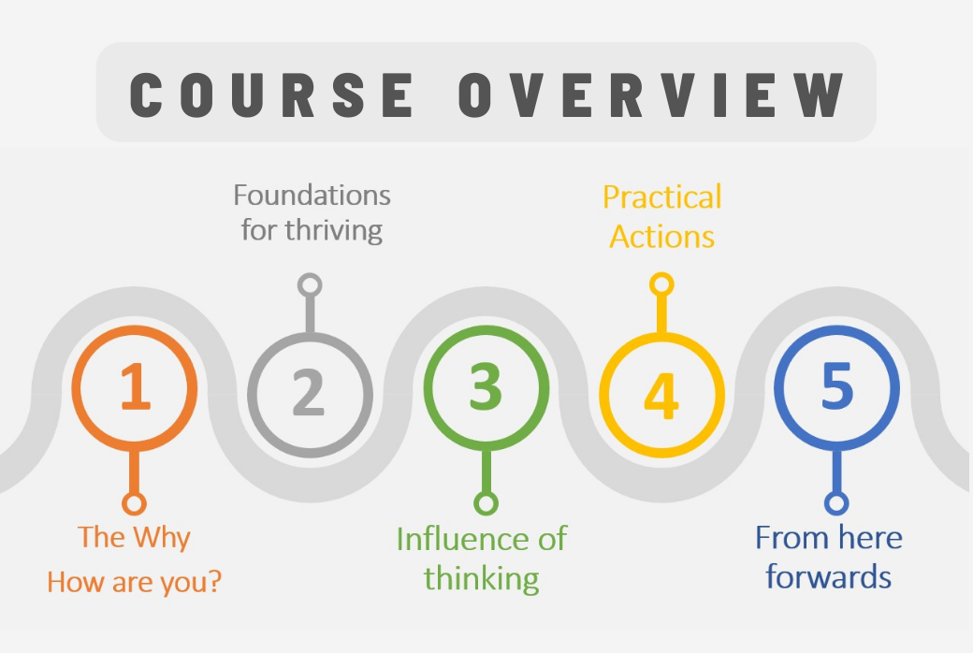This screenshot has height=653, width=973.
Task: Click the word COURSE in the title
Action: point(271,94)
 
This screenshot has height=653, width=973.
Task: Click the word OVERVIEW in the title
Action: point(651,94)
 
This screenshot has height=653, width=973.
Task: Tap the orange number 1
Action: point(136,386)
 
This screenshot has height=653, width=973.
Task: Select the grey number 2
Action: point(309,392)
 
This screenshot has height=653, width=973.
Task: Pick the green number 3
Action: point(486,386)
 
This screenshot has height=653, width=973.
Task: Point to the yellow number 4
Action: point(661,395)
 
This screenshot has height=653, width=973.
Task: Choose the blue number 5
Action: point(837,385)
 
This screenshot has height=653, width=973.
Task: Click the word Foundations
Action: point(312,195)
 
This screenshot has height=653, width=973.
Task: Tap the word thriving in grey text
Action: point(334,230)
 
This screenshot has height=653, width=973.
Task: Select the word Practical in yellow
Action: point(662,197)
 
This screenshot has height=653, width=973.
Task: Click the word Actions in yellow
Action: point(662,237)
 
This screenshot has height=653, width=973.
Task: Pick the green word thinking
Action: point(482,578)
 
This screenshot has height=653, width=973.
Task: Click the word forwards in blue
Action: point(829,576)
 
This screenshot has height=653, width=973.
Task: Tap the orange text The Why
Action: point(134,538)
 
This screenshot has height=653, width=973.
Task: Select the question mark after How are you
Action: point(214,580)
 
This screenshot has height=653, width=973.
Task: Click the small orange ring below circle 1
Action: point(134,503)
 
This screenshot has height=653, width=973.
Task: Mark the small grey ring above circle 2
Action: point(310,285)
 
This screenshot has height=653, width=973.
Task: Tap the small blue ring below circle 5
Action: point(836,503)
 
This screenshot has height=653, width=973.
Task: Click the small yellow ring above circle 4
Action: point(661,285)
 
